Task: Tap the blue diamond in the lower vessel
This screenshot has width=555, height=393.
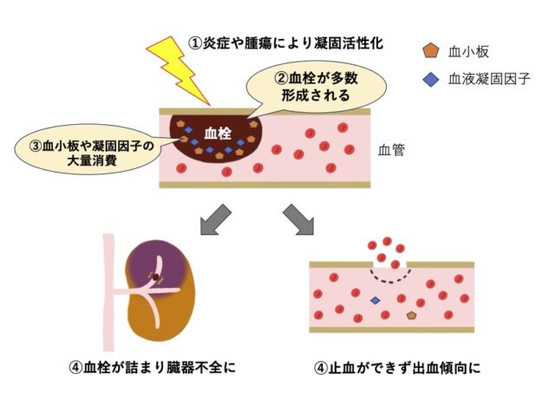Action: click(375, 300)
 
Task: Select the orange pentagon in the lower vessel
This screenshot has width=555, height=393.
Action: click(410, 316)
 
